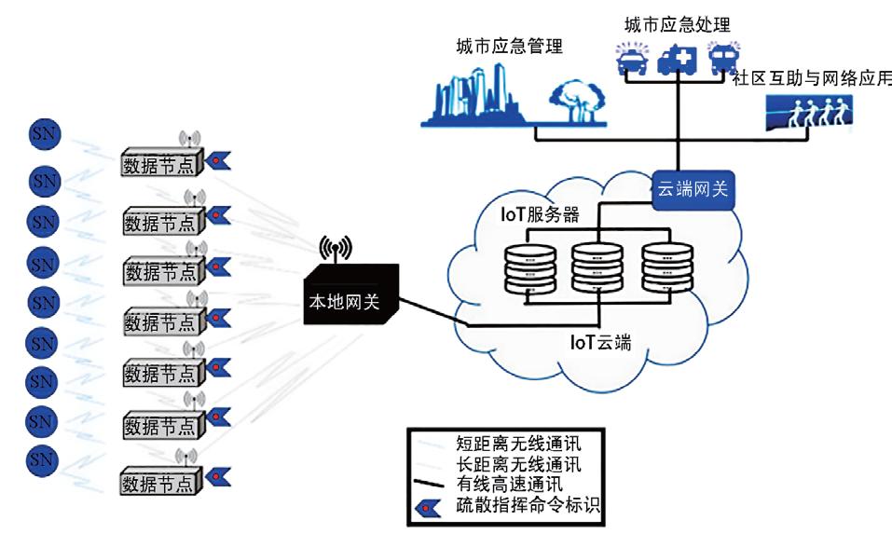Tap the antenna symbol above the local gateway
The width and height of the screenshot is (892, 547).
(x=336, y=249)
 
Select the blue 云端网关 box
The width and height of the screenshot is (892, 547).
(x=693, y=191)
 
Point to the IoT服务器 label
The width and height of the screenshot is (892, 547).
(x=541, y=215)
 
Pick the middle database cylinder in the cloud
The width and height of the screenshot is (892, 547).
(x=597, y=267)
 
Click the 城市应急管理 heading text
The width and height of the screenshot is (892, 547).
(x=509, y=47)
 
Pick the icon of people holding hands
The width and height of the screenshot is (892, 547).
(x=806, y=116)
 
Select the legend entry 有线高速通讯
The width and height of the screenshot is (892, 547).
(x=511, y=485)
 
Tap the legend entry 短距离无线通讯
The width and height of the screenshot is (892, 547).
(x=517, y=441)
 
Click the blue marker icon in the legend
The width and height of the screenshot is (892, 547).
(x=431, y=506)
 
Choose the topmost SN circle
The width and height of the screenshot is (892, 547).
(x=44, y=134)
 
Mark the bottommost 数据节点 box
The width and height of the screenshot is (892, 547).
(x=160, y=484)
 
